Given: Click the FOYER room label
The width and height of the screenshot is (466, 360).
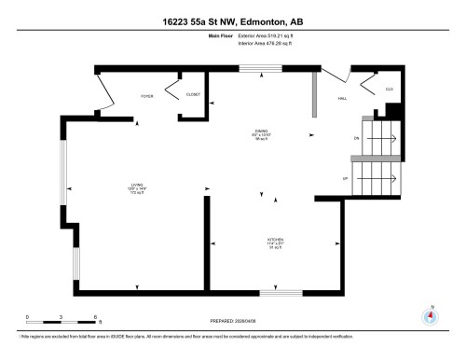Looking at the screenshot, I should (146, 95).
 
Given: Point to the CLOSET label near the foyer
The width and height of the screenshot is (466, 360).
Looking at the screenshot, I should (193, 94).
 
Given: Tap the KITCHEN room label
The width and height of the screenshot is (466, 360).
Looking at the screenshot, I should (274, 241).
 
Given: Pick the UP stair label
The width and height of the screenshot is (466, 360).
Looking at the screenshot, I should (346, 177).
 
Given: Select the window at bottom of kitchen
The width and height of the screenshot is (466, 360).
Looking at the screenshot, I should (281, 293).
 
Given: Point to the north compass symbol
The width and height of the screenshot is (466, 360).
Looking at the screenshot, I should (430, 315).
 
